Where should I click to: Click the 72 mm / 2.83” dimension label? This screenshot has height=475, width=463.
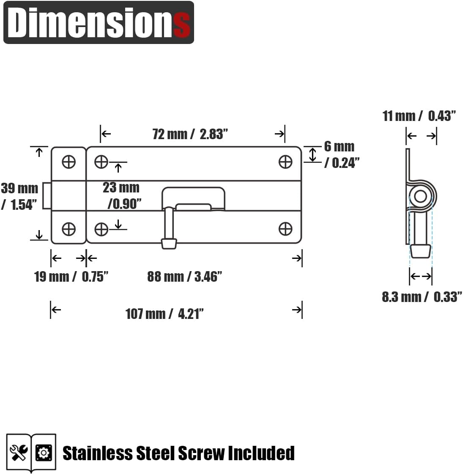coord(190,134)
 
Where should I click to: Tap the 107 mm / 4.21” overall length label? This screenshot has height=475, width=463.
coord(164,314)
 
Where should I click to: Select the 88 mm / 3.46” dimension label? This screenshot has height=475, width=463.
coord(184,277)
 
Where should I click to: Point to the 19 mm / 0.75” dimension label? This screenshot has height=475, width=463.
coord(71,277)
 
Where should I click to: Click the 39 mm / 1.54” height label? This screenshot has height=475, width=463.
coord(19,196)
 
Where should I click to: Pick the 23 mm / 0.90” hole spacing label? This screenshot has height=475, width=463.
coord(122,195)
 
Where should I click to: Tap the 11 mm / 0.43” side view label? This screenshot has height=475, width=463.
coord(419,116)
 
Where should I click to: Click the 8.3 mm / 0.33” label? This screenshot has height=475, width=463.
coord(421,297)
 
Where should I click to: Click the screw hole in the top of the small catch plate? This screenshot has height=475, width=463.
coord(68,162)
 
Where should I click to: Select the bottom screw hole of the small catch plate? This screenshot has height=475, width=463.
coord(68,229)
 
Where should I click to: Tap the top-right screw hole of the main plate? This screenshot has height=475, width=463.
coord(285,162)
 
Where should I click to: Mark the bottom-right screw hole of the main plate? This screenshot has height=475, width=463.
coord(285,229)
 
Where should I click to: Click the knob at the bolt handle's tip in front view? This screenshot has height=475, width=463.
coord(169,244)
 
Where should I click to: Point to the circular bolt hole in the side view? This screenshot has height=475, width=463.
coord(420,196)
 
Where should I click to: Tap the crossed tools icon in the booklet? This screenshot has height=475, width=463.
coord(19,453)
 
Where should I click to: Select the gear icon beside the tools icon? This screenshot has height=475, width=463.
coord(44,453)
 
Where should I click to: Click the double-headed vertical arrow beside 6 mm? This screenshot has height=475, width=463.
coord(312,154)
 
